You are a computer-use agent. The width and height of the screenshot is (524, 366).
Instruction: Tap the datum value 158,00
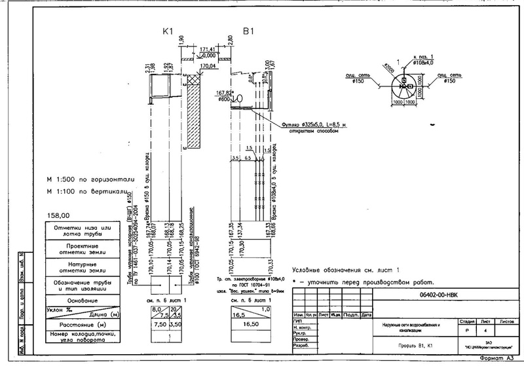pos(58,215)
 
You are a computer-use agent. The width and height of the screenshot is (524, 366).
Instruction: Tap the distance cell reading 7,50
pos(159,323)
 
